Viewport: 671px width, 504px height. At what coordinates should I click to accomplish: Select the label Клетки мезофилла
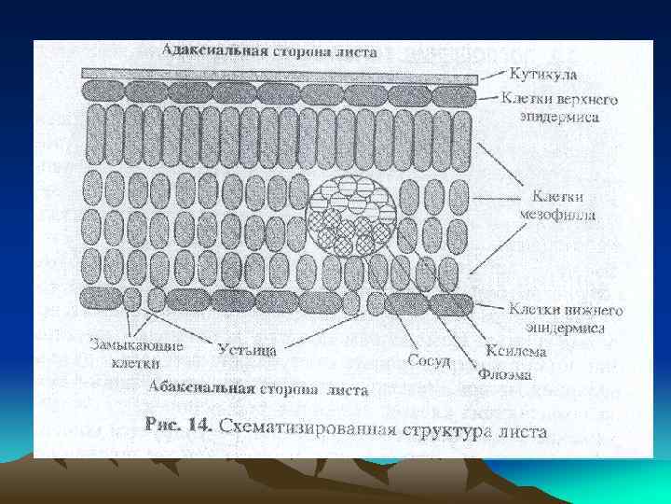point(558,205)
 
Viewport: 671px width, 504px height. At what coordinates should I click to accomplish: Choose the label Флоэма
point(505,374)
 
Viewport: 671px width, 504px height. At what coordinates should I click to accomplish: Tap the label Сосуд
point(430,359)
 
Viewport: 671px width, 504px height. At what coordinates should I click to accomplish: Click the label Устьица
point(246,350)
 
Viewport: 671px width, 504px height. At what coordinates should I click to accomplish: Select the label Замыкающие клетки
point(136,352)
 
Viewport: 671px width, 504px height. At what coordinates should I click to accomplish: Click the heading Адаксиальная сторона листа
point(269,50)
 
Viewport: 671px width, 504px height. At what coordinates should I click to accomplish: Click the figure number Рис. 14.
point(179,425)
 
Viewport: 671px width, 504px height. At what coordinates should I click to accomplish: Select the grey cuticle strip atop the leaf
point(280,74)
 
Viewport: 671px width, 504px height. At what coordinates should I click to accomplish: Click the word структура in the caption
point(448,430)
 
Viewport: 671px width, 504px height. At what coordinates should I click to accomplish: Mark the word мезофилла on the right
point(558,214)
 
